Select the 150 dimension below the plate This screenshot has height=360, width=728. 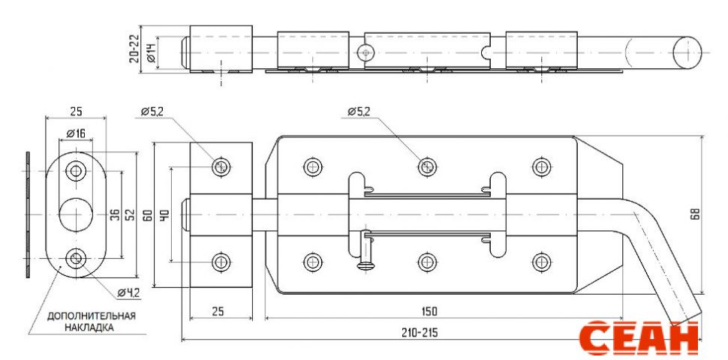click(429, 310)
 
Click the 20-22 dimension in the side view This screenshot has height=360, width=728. click(134, 49)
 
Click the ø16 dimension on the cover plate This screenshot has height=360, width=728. click(75, 133)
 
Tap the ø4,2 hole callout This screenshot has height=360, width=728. click(128, 292)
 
